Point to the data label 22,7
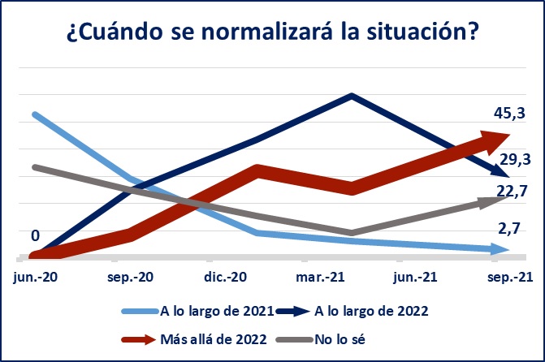point(513,191)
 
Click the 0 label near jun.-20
point(35,235)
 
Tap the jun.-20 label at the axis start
point(36,278)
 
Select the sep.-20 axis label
point(132,278)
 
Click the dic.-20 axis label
point(226,278)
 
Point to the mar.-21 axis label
point(322,278)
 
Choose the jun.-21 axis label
point(417,278)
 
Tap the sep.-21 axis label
point(511,278)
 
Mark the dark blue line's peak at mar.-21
point(352,95)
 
